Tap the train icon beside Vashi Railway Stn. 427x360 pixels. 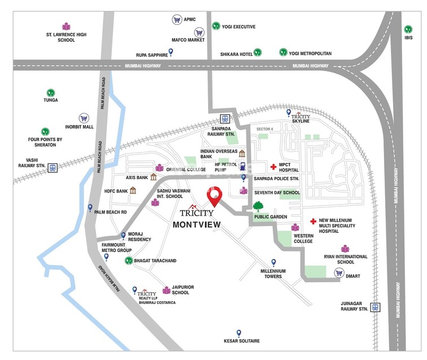point(53,167)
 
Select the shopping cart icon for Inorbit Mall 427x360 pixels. point(84,119)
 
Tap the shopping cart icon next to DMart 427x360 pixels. point(339,273)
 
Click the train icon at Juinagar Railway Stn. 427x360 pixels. point(376,307)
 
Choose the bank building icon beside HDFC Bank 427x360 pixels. point(133,190)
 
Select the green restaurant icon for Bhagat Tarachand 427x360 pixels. point(128,261)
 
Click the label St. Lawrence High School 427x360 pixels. point(66,37)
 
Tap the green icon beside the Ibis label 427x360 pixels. point(408,29)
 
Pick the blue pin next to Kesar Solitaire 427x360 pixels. point(239,333)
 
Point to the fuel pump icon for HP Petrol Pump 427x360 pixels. point(243,167)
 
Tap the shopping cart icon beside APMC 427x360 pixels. point(176,19)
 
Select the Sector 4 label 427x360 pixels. point(264,129)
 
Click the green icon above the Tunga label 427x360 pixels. point(50,93)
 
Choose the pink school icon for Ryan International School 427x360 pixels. point(345,249)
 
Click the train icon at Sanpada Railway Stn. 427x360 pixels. point(225,119)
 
